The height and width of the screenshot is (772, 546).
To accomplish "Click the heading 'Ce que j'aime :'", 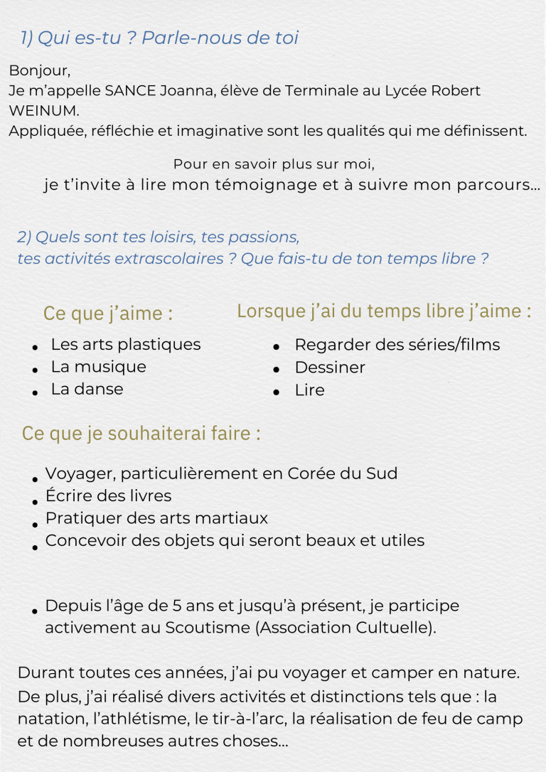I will coord(108,313).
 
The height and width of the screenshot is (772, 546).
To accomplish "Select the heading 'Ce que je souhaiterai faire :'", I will coord(141,434).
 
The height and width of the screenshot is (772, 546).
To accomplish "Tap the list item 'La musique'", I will coord(98,367).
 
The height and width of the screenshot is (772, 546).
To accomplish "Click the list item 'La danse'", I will coord(87,390).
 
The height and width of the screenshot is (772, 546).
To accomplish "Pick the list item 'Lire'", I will coord(309,390).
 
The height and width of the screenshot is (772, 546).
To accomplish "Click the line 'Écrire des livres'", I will coord(108,496).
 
